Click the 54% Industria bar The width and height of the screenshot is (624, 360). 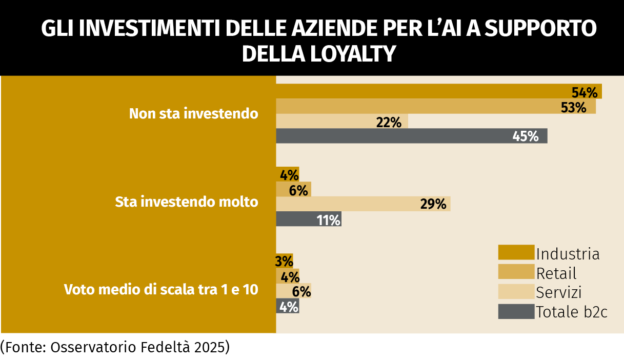tap(438, 91)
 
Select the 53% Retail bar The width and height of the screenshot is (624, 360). tap(436, 107)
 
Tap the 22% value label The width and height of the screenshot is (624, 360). tap(388, 122)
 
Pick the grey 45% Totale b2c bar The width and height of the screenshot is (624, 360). tap(412, 136)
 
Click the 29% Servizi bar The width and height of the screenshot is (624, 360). tap(363, 204)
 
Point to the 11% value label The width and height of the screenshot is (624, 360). tap(329, 220)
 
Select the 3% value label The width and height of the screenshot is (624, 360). tap(284, 261)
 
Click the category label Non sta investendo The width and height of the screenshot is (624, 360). tap(193, 113)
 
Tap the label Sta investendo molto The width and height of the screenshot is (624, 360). tap(187, 202)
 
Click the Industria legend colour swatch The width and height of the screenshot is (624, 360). tap(516, 253)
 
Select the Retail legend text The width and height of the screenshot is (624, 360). tap(556, 273)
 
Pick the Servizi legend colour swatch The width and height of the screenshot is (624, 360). tap(516, 292)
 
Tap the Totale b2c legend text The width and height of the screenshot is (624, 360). tap(572, 311)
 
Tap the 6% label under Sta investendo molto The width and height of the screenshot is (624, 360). tap(298, 190)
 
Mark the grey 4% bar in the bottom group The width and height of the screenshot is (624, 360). tap(287, 307)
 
